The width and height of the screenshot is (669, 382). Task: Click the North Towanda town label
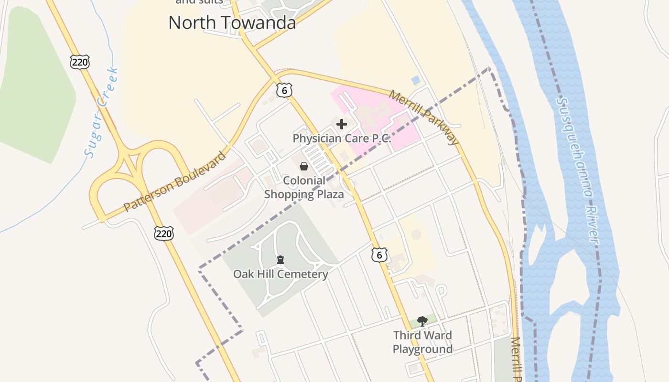[x=232, y=22]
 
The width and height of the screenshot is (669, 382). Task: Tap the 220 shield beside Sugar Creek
[x=79, y=62]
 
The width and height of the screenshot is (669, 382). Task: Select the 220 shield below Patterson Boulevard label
[x=163, y=233]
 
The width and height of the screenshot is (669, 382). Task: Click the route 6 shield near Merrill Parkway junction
[x=284, y=90]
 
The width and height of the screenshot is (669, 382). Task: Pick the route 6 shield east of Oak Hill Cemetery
[x=379, y=255]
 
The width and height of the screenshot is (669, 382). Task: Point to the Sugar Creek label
[x=101, y=113]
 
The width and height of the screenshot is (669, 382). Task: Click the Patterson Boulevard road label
[x=174, y=182]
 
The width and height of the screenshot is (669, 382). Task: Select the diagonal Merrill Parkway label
[x=424, y=117]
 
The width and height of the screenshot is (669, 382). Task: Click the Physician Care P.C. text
[x=342, y=138]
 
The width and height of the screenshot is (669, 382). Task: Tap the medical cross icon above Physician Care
[x=342, y=125]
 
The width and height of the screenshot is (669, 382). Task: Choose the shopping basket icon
[x=304, y=166]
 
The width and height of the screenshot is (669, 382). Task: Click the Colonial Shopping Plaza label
[x=304, y=187]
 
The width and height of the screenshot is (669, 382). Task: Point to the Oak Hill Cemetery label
[x=281, y=274]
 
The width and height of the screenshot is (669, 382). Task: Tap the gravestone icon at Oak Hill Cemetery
[x=281, y=260]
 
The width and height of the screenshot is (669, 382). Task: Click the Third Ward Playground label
[x=422, y=342]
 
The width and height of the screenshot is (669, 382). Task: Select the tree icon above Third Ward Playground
[x=422, y=321]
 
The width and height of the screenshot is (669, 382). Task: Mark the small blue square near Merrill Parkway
[x=416, y=80]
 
